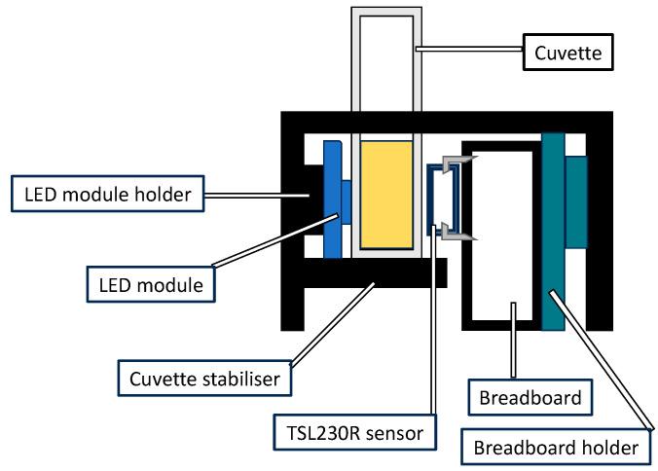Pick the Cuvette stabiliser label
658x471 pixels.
(x=203, y=378)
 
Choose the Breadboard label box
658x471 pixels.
(x=530, y=397)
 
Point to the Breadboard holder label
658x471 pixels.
(x=556, y=448)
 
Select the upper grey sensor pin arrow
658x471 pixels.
(x=453, y=163)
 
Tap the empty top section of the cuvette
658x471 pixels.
(x=386, y=78)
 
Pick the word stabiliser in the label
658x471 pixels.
(x=238, y=378)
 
